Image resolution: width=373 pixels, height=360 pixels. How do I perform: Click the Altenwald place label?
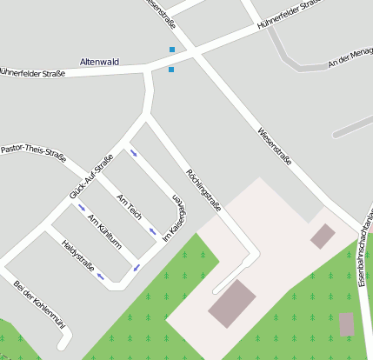click(99, 62)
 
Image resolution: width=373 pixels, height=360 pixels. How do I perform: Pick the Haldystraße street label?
click(78, 256)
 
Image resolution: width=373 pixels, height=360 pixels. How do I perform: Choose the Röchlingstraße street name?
click(203, 190)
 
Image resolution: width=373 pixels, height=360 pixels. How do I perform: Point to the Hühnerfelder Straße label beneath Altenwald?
click(32, 73)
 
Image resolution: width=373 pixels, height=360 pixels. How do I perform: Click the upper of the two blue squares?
click(172, 50)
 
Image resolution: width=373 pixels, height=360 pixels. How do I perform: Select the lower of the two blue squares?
click(171, 70)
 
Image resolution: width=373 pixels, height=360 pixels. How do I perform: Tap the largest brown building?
click(231, 303)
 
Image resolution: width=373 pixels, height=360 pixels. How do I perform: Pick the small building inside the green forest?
click(347, 324)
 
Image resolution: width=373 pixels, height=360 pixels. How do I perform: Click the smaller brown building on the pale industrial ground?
click(323, 235)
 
